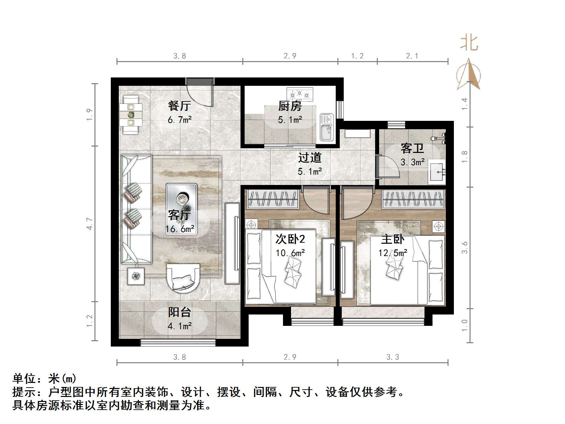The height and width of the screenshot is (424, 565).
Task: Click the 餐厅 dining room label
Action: pyautogui.click(x=180, y=106)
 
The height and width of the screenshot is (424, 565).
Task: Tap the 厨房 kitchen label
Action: pyautogui.click(x=290, y=106)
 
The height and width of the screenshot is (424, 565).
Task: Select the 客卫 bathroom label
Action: pyautogui.click(x=412, y=148)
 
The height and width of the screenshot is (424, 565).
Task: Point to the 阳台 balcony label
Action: pyautogui.click(x=180, y=312)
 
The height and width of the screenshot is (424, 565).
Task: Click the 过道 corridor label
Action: pyautogui.click(x=310, y=158)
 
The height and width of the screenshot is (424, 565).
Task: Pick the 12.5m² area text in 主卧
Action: pyautogui.click(x=393, y=253)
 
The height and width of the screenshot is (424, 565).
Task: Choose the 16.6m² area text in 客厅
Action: pyautogui.click(x=180, y=229)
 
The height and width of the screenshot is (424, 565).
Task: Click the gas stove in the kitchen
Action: pyautogui.click(x=300, y=94)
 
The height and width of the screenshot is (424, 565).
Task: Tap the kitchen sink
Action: pyautogui.click(x=327, y=127)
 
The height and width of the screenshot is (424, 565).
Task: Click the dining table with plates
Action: pyautogui.click(x=131, y=115)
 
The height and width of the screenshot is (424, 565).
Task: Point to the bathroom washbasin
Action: pyautogui.click(x=437, y=172)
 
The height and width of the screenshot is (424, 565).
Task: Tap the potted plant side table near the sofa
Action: pyautogui.click(x=136, y=276)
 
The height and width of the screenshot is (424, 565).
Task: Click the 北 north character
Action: pyautogui.click(x=469, y=43)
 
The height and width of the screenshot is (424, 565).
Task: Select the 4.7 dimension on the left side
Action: pyautogui.click(x=89, y=223)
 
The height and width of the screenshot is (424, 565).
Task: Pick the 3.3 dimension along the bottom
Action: pyautogui.click(x=393, y=357)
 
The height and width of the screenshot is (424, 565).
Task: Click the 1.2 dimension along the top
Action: pyautogui.click(x=357, y=56)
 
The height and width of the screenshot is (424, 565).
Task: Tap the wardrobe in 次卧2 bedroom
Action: pyautogui.click(x=272, y=199)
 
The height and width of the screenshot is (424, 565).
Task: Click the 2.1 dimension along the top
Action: pyautogui.click(x=412, y=56)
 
